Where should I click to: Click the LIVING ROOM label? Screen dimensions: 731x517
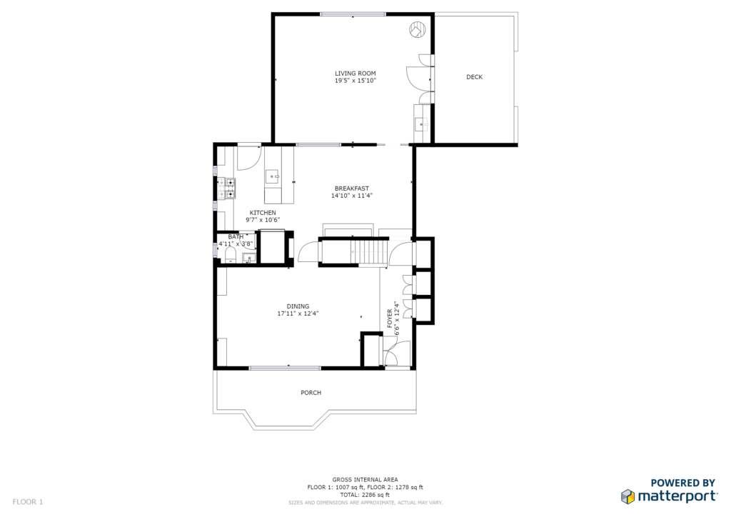356,73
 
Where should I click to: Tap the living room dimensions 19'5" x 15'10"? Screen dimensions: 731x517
356,81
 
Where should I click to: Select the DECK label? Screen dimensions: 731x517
474,77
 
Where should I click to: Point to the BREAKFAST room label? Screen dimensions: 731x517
351,189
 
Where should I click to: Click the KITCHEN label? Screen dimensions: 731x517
263,213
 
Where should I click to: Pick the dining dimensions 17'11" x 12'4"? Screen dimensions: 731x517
298,313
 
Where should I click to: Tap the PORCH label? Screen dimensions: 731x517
311,393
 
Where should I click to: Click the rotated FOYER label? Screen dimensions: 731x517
390,318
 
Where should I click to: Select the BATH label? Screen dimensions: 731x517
236,237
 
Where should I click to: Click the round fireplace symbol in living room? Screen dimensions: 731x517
417,29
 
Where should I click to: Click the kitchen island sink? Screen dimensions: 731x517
273,177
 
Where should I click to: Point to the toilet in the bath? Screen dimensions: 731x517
231,254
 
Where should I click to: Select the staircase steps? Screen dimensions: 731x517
369,252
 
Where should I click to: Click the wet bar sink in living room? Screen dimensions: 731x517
422,124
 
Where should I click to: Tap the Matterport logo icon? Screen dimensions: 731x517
627,496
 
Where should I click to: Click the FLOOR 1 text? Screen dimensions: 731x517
28,502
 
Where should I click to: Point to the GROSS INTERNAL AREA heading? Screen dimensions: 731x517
365,480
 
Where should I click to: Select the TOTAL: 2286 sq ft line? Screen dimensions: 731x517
365,495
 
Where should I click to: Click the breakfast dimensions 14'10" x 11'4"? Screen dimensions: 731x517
352,196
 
